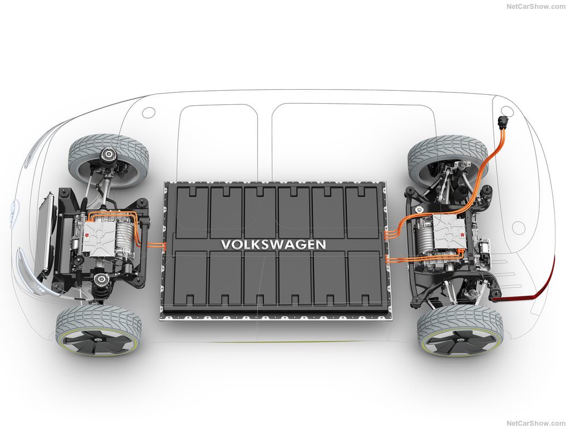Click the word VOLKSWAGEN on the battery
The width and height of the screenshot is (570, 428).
click(x=273, y=244)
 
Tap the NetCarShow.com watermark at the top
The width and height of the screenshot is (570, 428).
click(x=536, y=7)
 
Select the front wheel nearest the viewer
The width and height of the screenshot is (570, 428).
click(x=99, y=332)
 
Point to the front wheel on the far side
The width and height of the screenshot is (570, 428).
click(x=109, y=160)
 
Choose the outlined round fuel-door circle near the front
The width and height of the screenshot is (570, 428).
click(x=148, y=113)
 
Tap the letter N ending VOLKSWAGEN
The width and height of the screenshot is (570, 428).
click(x=320, y=244)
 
